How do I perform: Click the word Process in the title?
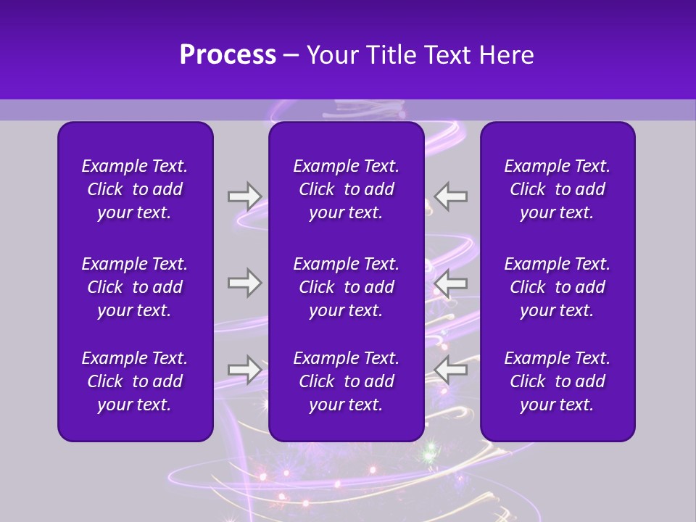[228, 55]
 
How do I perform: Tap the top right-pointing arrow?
[244, 196]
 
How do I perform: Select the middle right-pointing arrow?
[244, 283]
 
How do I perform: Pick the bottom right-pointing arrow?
[244, 370]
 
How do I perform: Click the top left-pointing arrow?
[451, 196]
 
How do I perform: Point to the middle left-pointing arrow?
[451, 283]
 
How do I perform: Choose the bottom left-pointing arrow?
[451, 370]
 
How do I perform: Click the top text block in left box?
[135, 189]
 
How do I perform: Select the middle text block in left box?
[135, 287]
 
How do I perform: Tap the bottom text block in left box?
[135, 381]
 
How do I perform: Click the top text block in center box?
[346, 189]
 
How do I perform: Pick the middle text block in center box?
[346, 287]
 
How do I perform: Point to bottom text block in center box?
[346, 381]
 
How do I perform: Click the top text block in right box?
[557, 189]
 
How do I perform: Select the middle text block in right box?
[557, 287]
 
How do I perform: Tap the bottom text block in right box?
[557, 381]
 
